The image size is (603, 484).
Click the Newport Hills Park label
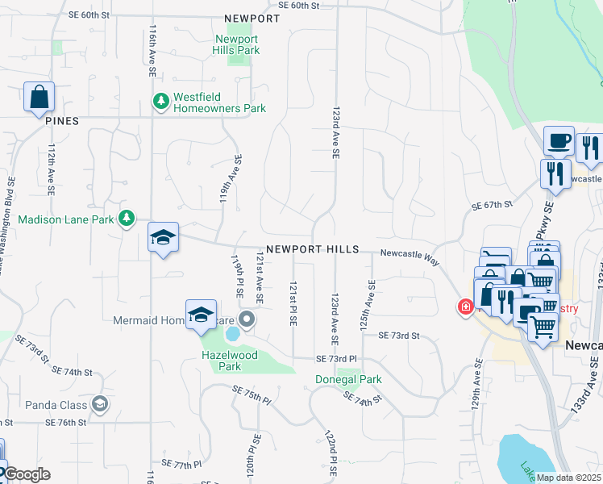237,44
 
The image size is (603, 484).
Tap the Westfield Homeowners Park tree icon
160,101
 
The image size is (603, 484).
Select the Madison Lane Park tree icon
127,219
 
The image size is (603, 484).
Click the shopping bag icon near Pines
39,98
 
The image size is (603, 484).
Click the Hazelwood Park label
229,361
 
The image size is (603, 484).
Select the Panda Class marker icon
99,403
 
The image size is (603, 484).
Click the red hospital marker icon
465,307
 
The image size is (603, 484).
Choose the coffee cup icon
559,142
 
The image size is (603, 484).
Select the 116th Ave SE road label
152,50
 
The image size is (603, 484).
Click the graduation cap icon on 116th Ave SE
164,238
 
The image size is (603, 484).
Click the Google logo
26,474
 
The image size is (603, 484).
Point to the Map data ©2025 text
568,478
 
